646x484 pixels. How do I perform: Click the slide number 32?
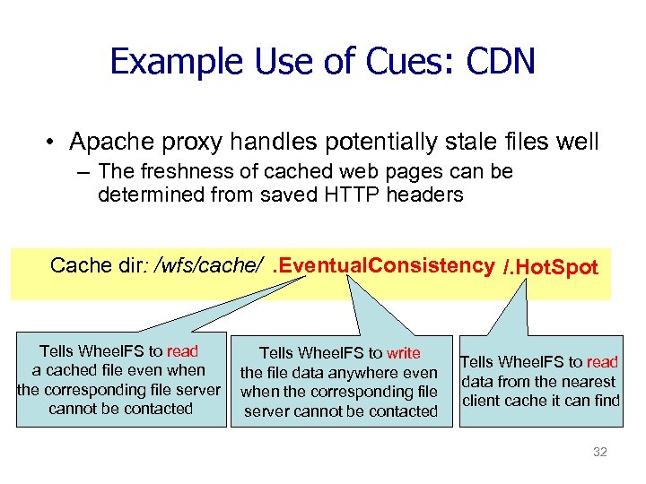(x=600, y=452)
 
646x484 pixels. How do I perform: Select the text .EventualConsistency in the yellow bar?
(x=383, y=265)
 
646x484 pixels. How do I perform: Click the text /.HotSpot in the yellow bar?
(x=550, y=266)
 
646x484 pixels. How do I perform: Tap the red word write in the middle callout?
(x=403, y=353)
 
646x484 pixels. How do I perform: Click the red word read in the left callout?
(x=182, y=350)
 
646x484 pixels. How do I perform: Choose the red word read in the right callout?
(x=602, y=362)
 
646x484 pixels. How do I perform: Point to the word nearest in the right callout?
(x=589, y=381)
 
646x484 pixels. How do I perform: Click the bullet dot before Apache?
(x=54, y=143)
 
